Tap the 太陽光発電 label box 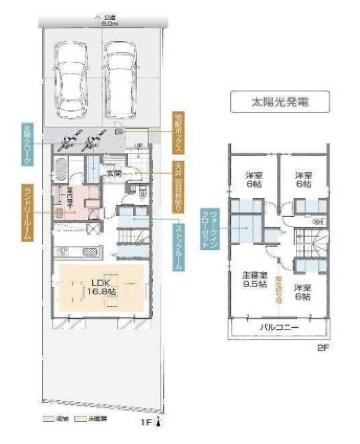coord(279,102)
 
